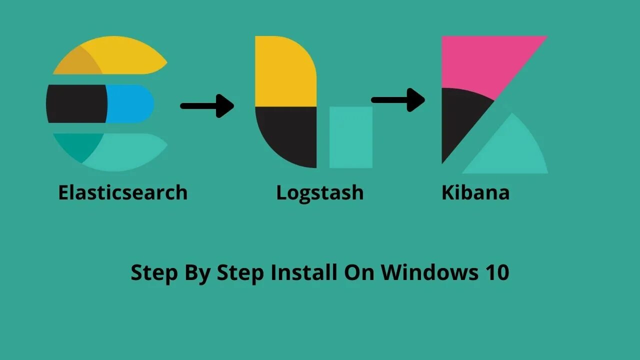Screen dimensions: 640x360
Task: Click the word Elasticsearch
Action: tap(122, 192)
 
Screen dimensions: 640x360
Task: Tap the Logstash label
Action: tap(319, 192)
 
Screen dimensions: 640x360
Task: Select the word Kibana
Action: tap(475, 192)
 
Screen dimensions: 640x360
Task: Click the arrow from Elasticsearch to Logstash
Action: tap(207, 106)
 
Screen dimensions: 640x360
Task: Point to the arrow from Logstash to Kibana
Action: tap(398, 100)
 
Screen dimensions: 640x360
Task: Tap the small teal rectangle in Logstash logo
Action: tap(350, 137)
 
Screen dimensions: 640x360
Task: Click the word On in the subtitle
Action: tap(359, 273)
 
